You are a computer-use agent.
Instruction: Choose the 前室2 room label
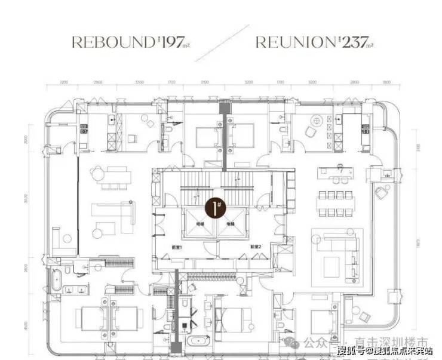pyautogui.click(x=257, y=246)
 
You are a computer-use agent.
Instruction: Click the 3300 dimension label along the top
pyautogui.click(x=140, y=82)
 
